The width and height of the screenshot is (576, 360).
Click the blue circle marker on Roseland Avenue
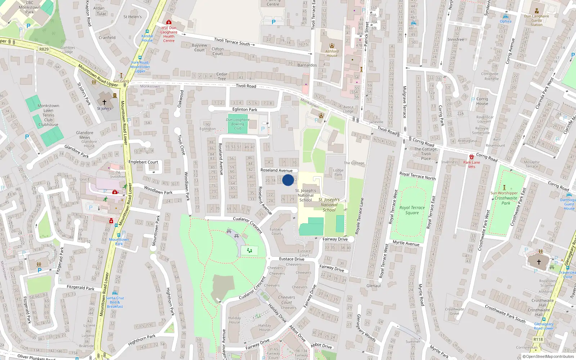tap(288, 180)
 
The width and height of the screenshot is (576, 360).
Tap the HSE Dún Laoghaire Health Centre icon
tap(169, 22)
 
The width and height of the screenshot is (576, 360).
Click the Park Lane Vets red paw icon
tap(472, 157)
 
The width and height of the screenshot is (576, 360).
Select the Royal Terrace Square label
tap(412, 210)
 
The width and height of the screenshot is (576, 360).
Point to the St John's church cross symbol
tap(104, 102)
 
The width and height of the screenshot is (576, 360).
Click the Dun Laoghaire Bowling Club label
tap(238, 124)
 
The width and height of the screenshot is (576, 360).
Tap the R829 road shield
tap(44, 49)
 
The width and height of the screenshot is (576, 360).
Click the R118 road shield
tap(538, 339)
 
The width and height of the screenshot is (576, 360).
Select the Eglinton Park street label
tap(245, 109)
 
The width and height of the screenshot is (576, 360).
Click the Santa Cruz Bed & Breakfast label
tap(115, 302)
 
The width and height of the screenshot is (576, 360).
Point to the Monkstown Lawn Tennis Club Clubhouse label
tap(48, 115)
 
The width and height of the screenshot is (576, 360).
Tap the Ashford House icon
tap(332, 46)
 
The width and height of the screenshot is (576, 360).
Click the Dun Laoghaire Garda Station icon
tap(537, 11)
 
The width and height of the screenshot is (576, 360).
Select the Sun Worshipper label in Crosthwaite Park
tap(504, 193)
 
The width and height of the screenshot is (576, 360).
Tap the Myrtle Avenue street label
tap(406, 243)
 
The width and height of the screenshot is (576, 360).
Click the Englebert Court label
tap(143, 162)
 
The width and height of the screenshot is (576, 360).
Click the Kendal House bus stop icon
tap(147, 31)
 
